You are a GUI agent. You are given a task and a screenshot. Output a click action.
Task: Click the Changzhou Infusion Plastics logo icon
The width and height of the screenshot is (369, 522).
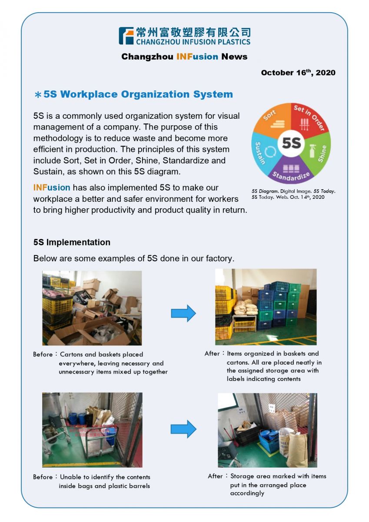tap(126, 36)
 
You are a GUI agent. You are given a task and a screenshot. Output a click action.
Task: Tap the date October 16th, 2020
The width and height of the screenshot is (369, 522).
tap(298, 73)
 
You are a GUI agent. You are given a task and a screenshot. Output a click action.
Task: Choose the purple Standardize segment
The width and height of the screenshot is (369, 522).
tap(291, 172)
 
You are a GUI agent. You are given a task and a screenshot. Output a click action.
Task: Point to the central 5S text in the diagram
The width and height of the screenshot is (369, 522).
tap(291, 143)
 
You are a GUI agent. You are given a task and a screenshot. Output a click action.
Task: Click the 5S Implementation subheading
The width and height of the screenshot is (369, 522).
tap(72, 242)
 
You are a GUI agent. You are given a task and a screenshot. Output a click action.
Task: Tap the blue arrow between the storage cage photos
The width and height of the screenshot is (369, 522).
tap(183, 429)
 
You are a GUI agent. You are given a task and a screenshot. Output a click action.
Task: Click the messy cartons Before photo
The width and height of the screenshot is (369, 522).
tap(92, 308)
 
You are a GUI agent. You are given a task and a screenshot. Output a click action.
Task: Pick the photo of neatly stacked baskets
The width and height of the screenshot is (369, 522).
tap(266, 307)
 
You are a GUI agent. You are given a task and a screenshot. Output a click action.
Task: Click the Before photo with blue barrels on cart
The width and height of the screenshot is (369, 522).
tap(92, 430)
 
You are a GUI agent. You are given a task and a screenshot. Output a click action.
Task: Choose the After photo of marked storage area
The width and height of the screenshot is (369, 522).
tap(267, 430)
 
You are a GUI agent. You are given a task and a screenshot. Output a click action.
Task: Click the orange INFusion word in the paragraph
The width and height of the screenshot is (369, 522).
tap(52, 188)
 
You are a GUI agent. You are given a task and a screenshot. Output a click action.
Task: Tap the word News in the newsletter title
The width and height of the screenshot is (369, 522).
tap(234, 57)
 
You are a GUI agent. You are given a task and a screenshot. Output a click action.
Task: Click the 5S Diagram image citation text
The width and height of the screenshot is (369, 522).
tap(293, 194)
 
